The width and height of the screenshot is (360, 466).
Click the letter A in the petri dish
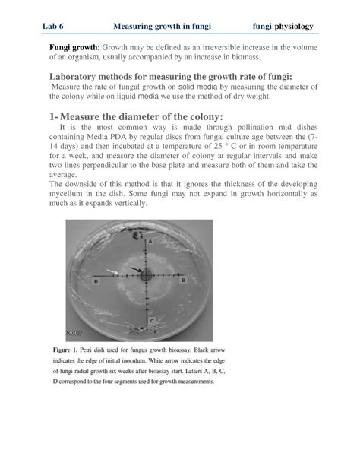(150, 241)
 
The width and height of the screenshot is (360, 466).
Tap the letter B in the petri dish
(185, 281)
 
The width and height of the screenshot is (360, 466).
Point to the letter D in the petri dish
(96, 281)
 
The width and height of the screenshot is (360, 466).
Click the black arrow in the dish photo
(134, 268)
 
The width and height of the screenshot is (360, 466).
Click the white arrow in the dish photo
(112, 271)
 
